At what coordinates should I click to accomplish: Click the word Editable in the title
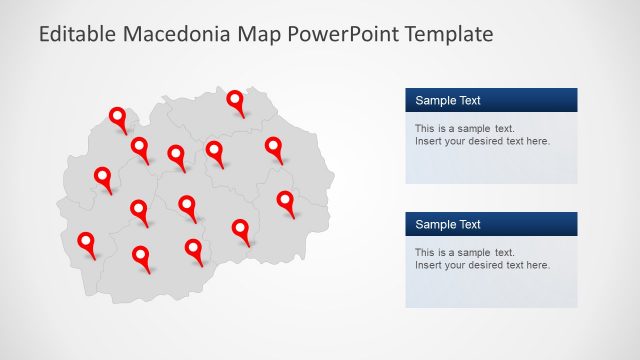point(77,34)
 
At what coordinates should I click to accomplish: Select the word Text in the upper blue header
point(468,100)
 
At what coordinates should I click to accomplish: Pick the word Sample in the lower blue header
point(434,224)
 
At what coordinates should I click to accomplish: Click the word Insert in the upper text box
point(427,141)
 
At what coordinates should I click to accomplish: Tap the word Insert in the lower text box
point(427,265)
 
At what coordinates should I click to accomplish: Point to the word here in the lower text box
point(537,265)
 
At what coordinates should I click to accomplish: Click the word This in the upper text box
point(425,128)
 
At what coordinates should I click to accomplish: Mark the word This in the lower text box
point(425,252)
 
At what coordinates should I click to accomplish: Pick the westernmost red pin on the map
point(86,241)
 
